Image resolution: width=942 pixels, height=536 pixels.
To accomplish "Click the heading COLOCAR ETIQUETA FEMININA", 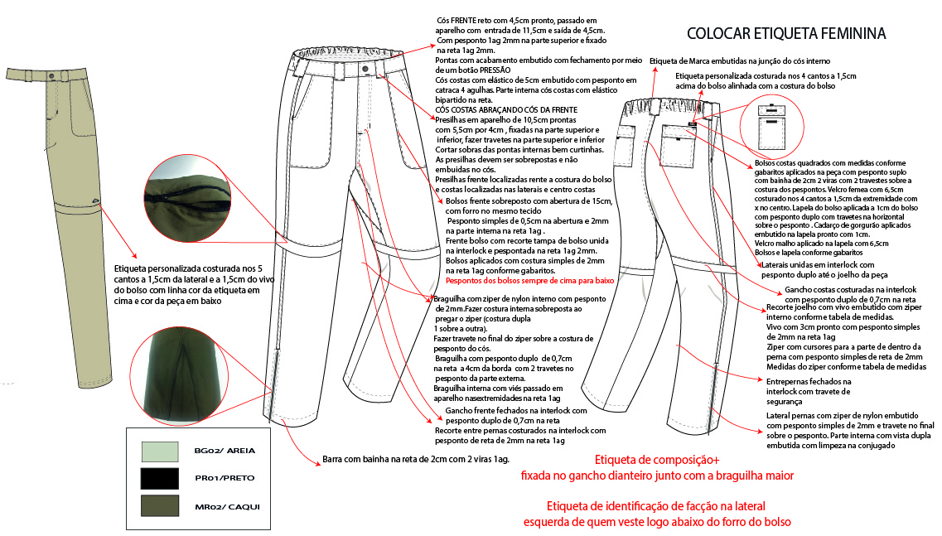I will [786, 34].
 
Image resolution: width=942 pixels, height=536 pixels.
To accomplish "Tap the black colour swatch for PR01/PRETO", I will [160, 478].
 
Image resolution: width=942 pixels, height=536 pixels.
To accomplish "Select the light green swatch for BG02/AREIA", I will [160, 451].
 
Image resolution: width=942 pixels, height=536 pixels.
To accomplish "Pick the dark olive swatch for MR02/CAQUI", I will [160, 505].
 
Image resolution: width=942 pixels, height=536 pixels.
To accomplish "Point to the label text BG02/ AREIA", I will [225, 451].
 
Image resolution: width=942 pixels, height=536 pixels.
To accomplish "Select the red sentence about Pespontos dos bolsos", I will [524, 282].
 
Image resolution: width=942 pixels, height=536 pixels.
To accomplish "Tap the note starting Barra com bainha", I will [414, 459].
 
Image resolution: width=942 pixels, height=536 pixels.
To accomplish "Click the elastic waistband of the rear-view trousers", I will [663, 106].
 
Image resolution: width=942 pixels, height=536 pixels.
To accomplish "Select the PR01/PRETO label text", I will [225, 479].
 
